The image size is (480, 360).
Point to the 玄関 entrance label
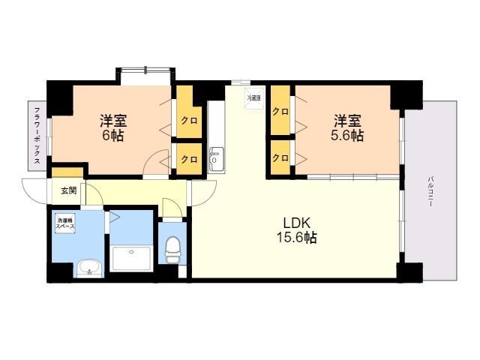(68, 190)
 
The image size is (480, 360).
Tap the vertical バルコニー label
(431, 191)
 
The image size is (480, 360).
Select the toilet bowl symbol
(172, 248)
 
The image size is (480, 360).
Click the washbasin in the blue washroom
(88, 267)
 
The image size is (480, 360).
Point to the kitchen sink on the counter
(215, 158)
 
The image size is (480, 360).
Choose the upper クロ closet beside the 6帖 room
(188, 119)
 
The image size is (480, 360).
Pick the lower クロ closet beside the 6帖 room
(188, 159)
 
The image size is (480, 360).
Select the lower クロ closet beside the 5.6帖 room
(280, 157)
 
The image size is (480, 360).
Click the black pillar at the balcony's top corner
(406, 95)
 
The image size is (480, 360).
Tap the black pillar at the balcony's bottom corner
(409, 271)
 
